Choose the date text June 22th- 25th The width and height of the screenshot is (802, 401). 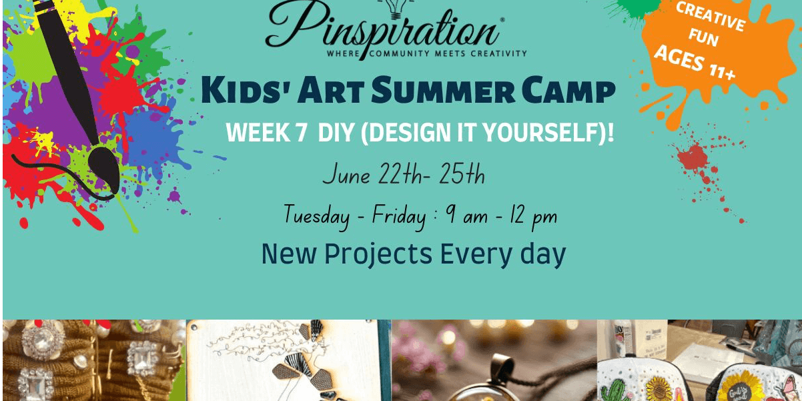pyautogui.click(x=404, y=174)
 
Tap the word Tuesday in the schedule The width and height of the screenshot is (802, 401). pyautogui.click(x=316, y=216)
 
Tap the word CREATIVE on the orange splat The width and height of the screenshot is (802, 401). pyautogui.click(x=711, y=16)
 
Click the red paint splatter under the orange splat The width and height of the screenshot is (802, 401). pyautogui.click(x=693, y=157)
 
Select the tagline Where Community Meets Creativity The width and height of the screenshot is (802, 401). pyautogui.click(x=427, y=53)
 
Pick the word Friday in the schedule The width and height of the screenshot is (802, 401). pyautogui.click(x=399, y=216)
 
